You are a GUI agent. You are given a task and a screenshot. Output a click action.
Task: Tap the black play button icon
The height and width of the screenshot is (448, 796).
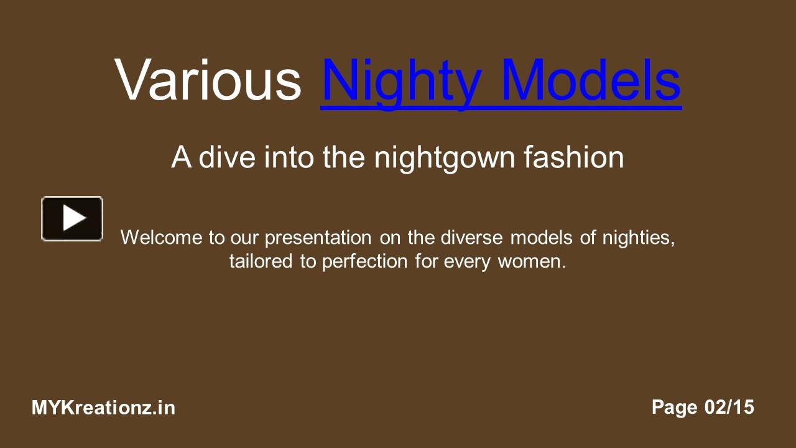pyautogui.click(x=72, y=218)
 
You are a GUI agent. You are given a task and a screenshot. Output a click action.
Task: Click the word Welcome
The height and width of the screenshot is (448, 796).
pyautogui.click(x=162, y=238)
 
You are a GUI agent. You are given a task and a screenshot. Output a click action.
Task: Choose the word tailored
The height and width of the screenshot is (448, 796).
pyautogui.click(x=261, y=261)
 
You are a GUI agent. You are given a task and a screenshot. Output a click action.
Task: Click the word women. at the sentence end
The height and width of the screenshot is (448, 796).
pyautogui.click(x=532, y=261)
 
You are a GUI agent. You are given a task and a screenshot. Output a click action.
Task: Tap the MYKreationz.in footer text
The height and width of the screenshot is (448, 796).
pyautogui.click(x=103, y=408)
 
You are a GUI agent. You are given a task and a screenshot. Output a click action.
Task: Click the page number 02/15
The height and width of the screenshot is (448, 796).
pyautogui.click(x=729, y=408)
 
